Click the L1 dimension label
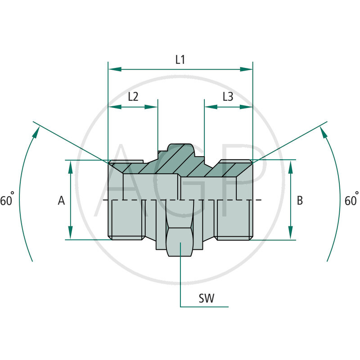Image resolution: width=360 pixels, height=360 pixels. [180, 59]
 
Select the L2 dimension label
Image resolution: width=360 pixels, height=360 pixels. [133, 97]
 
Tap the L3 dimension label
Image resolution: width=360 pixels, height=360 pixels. [228, 97]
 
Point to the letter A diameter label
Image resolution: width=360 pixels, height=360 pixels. [62, 201]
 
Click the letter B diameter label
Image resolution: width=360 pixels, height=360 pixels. [300, 201]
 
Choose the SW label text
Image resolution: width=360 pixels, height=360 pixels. [207, 298]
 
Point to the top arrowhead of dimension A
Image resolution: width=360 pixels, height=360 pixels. [71, 166]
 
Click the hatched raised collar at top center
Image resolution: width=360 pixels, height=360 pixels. [180, 153]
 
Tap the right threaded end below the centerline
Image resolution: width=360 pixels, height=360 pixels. [234, 219]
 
